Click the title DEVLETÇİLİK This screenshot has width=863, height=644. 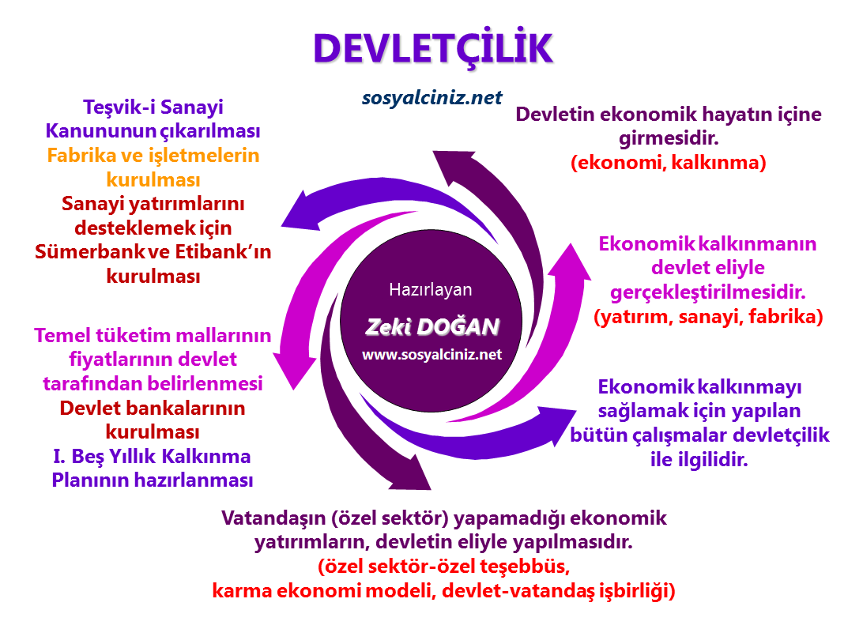[x=431, y=49]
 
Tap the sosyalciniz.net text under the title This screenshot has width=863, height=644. [x=431, y=97]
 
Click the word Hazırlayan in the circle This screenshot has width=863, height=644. [x=431, y=289]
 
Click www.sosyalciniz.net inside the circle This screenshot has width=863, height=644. [x=431, y=355]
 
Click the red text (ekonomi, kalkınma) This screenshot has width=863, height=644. [x=669, y=164]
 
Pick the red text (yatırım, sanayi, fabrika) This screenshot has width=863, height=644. [x=708, y=317]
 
